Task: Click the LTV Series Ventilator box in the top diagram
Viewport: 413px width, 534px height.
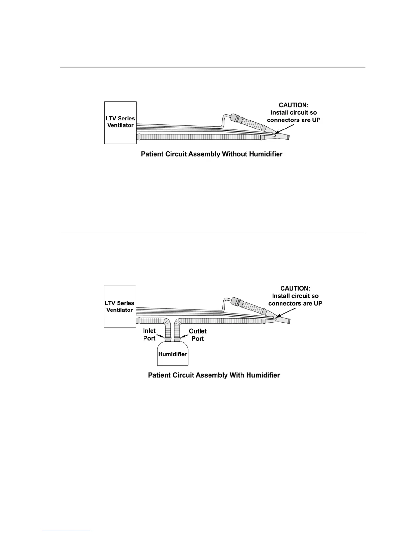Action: click(120, 122)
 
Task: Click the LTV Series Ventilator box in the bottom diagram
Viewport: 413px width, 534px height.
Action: click(120, 306)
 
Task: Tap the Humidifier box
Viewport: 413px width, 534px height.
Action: click(172, 354)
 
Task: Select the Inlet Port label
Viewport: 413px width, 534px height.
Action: click(149, 334)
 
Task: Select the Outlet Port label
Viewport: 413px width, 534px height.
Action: click(198, 335)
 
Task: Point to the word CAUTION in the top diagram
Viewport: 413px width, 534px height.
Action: click(294, 105)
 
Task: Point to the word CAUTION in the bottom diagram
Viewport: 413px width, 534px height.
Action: click(295, 289)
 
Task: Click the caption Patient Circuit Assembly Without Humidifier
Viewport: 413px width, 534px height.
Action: click(212, 154)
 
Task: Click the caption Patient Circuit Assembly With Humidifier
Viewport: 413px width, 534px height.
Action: click(214, 375)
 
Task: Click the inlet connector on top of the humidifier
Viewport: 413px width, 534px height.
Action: click(168, 339)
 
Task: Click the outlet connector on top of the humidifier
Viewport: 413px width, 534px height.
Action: click(177, 339)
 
